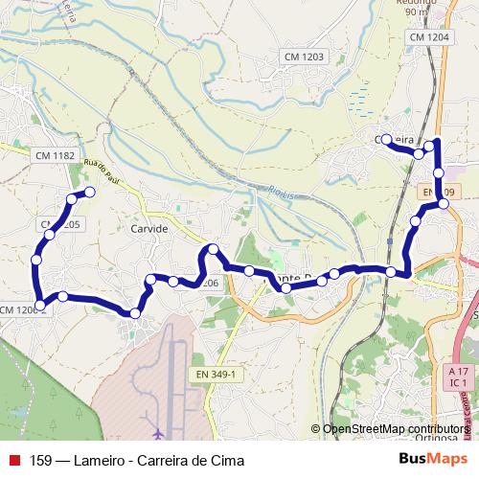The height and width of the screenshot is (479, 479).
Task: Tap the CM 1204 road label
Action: pos(427,36)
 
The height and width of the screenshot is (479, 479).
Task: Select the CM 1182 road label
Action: pos(54,155)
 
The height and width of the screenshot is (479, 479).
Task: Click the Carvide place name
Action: pos(148,230)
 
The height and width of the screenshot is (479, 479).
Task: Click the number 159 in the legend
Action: pos(41,460)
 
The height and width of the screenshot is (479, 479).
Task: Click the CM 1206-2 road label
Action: pos(21,309)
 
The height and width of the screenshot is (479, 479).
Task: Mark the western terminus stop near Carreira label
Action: pos(386,140)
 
